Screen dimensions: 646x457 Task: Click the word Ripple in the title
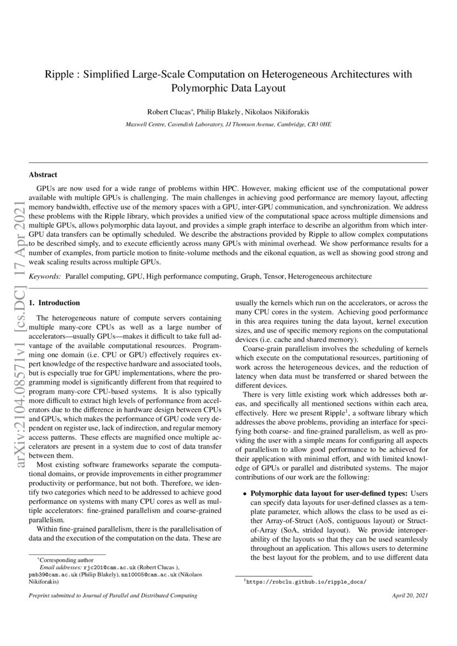[x=57, y=74]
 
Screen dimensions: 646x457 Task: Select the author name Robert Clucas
[x=167, y=112]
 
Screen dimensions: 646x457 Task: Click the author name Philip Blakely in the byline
[x=219, y=112]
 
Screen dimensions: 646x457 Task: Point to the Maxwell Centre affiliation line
[x=228, y=125]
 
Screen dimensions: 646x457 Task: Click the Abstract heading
[x=43, y=175]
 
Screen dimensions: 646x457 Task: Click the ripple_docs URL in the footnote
[x=307, y=582]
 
